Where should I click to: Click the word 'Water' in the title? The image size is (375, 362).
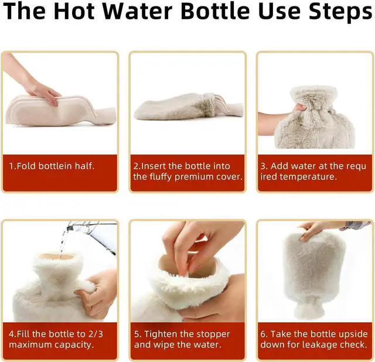[138, 11]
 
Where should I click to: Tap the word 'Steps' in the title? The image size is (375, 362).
[340, 12]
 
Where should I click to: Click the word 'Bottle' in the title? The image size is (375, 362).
[216, 11]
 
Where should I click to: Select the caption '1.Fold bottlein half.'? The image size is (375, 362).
[52, 166]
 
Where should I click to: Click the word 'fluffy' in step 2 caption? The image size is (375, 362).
[161, 177]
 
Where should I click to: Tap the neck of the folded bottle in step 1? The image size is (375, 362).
[105, 116]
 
